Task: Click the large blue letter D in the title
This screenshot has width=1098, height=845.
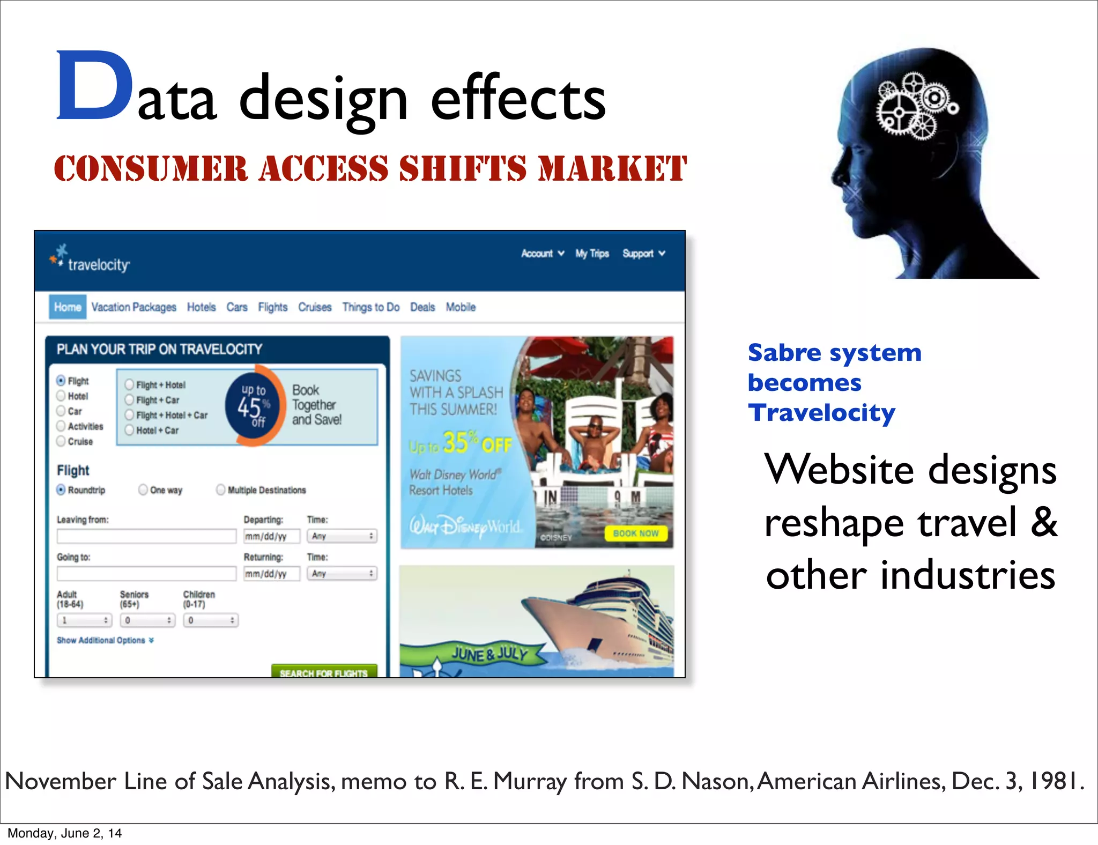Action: click(x=94, y=86)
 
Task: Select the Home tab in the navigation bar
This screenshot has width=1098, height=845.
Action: click(x=68, y=307)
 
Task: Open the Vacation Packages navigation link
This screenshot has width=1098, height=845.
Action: click(x=133, y=307)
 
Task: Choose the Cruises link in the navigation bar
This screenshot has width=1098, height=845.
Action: click(x=315, y=307)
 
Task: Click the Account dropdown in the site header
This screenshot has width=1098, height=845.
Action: click(x=542, y=254)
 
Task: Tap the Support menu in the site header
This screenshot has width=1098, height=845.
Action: click(x=643, y=254)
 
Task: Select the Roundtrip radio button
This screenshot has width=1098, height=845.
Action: click(x=61, y=490)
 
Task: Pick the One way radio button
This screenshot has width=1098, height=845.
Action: click(x=143, y=490)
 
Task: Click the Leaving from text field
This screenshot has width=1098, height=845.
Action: click(x=146, y=536)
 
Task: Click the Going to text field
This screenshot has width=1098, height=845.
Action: click(x=146, y=574)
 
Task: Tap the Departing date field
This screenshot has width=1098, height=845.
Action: click(x=271, y=536)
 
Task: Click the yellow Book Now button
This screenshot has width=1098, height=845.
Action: click(x=636, y=533)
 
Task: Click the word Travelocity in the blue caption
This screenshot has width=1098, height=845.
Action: click(x=821, y=413)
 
